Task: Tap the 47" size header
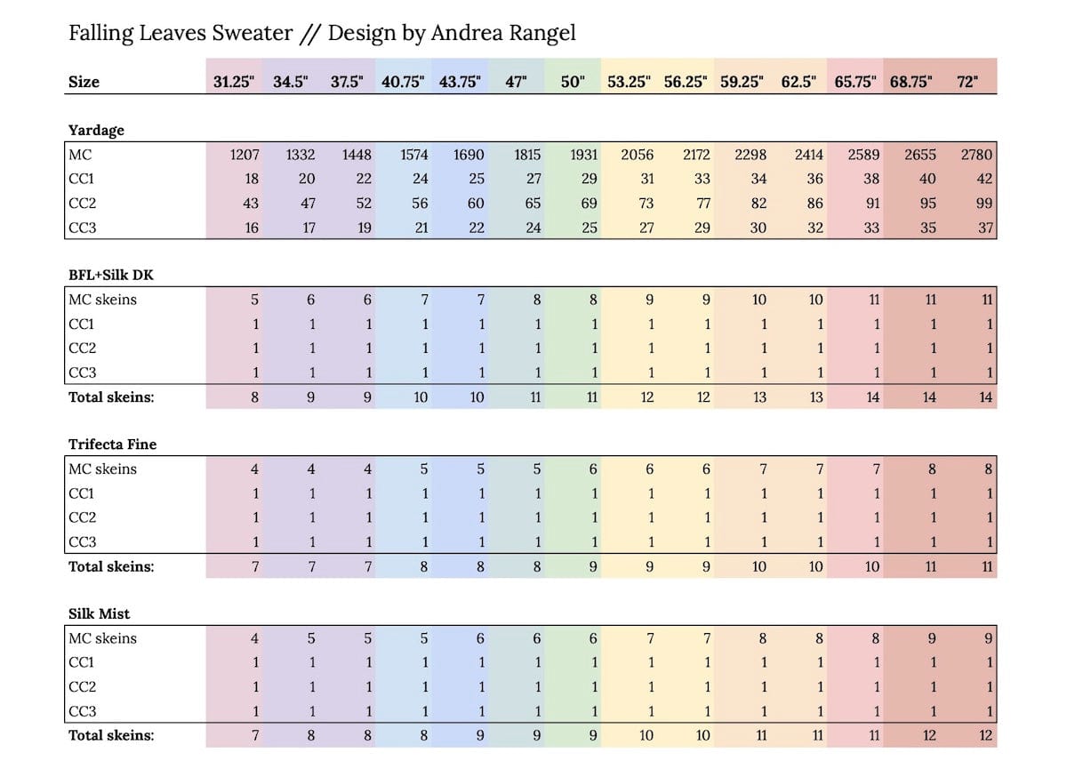(x=516, y=82)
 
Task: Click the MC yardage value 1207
(x=245, y=155)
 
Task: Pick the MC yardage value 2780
(x=975, y=155)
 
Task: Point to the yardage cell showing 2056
(x=637, y=155)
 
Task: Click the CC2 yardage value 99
(x=983, y=204)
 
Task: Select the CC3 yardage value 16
(x=252, y=228)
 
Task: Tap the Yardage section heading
(x=96, y=130)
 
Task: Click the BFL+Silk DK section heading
(x=111, y=275)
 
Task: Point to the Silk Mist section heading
(x=99, y=613)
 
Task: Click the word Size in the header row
(x=84, y=82)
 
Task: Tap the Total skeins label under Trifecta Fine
(x=111, y=566)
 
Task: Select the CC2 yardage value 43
(x=251, y=204)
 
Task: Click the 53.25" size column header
(x=630, y=82)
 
